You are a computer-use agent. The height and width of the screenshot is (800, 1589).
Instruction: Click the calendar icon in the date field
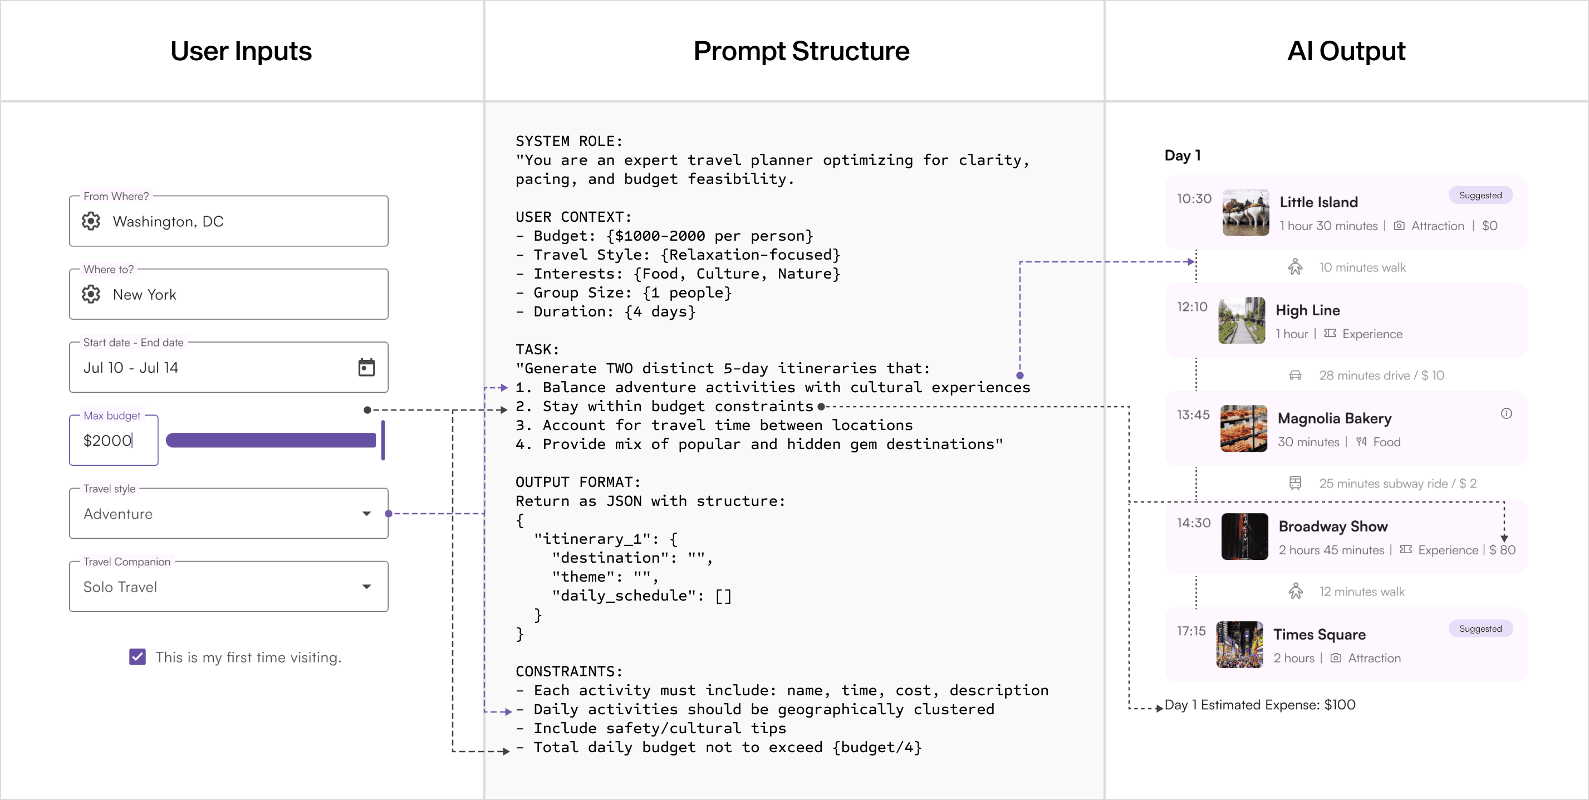(x=366, y=367)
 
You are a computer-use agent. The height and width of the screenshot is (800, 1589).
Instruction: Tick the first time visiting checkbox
(x=138, y=657)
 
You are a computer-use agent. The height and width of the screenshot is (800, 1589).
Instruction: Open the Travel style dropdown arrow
(x=366, y=514)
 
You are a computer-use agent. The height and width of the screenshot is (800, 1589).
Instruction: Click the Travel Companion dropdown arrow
(x=366, y=587)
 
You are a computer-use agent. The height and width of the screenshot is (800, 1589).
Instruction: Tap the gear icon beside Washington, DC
(x=91, y=221)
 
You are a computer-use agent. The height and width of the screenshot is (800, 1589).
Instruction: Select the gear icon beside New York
(x=91, y=295)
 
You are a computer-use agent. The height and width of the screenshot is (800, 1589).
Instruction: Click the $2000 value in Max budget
(x=107, y=440)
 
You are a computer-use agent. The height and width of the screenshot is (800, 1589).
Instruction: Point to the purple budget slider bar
(x=271, y=440)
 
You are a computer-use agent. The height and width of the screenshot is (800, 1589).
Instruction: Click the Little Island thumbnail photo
(x=1245, y=212)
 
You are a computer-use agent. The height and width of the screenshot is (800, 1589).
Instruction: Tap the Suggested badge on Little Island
(x=1480, y=195)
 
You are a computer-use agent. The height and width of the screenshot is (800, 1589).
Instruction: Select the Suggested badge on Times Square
(x=1480, y=628)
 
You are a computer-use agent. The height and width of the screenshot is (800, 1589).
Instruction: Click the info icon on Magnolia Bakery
(x=1507, y=413)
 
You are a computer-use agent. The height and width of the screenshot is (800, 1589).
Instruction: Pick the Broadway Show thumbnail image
(x=1244, y=536)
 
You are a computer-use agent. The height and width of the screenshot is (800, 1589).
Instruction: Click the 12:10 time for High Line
(x=1191, y=307)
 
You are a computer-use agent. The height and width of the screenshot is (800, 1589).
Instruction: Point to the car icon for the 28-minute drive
(x=1295, y=375)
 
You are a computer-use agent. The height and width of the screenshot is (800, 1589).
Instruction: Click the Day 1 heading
(x=1182, y=155)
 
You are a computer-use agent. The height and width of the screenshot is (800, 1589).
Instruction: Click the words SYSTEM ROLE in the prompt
(x=569, y=142)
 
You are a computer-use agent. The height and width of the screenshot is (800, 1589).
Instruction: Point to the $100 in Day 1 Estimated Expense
(x=1339, y=705)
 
